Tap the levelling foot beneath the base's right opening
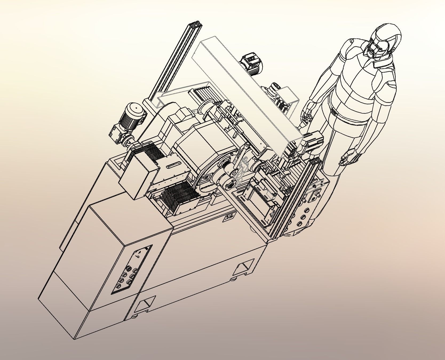pyautogui.click(x=235, y=279)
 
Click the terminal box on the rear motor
pyautogui.click(x=249, y=59)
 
